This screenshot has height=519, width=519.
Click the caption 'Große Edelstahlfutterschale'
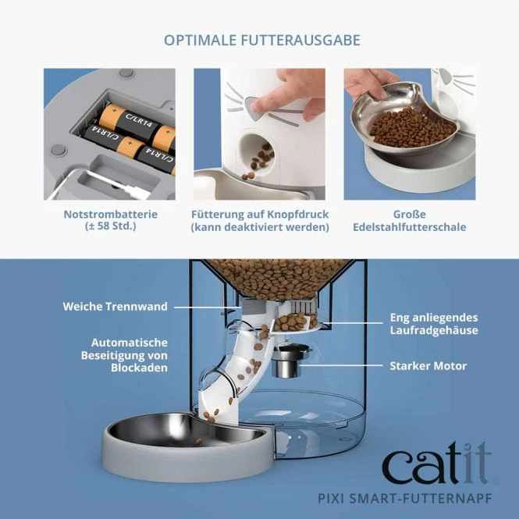[409, 219]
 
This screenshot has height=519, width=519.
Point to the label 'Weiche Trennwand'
[115, 307]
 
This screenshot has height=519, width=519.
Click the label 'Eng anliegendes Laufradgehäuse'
[434, 324]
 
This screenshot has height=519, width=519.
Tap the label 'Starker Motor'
[428, 365]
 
